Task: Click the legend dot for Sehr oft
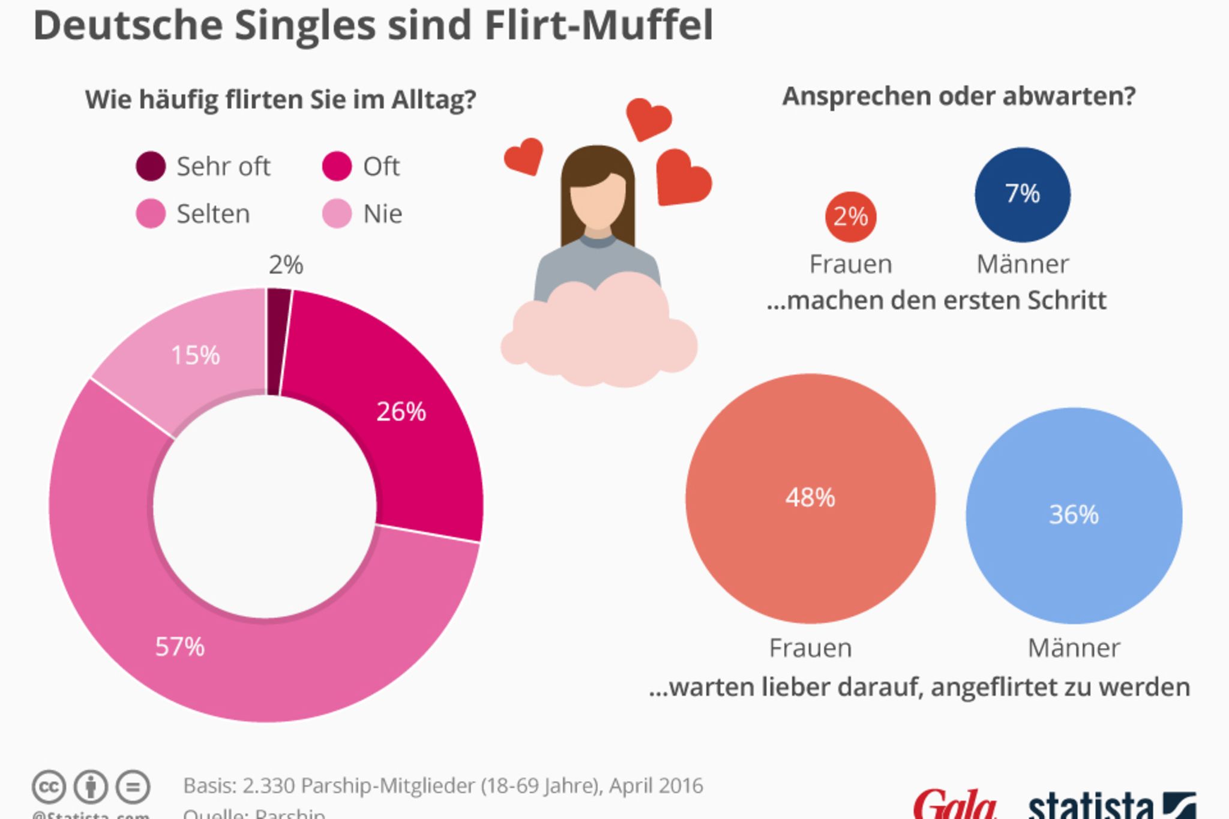(151, 166)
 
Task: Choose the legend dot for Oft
(337, 166)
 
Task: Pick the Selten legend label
(213, 214)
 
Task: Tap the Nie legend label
(382, 214)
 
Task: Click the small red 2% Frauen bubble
(850, 217)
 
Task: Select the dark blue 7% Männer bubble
(1022, 194)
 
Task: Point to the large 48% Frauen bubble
(810, 498)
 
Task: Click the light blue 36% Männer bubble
(1074, 515)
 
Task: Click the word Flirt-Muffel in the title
(598, 25)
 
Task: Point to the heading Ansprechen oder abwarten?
(958, 96)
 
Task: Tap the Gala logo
(954, 805)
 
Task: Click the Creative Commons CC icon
(49, 787)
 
